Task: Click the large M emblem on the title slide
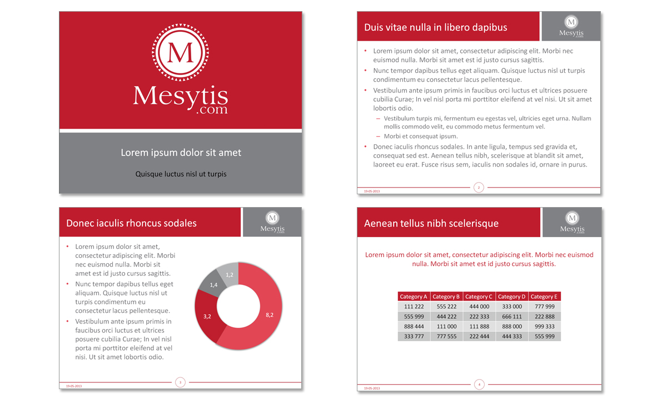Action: [x=181, y=52]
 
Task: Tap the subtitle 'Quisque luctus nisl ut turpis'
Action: [x=181, y=174]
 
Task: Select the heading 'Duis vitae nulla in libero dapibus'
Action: [x=435, y=27]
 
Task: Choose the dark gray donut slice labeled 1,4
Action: [x=214, y=284]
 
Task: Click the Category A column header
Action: [x=414, y=297]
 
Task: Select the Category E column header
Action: [x=544, y=297]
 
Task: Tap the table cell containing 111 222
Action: [x=414, y=307]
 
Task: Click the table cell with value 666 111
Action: [x=512, y=316]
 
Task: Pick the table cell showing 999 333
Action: [x=544, y=326]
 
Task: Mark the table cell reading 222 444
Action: [x=479, y=336]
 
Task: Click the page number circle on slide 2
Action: [x=479, y=188]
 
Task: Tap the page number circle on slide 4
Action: [x=479, y=384]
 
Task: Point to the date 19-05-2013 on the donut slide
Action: [x=73, y=386]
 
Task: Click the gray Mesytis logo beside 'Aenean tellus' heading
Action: [x=572, y=222]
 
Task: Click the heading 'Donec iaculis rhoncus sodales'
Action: [x=131, y=223]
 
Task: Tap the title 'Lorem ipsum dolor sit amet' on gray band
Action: [x=181, y=153]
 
